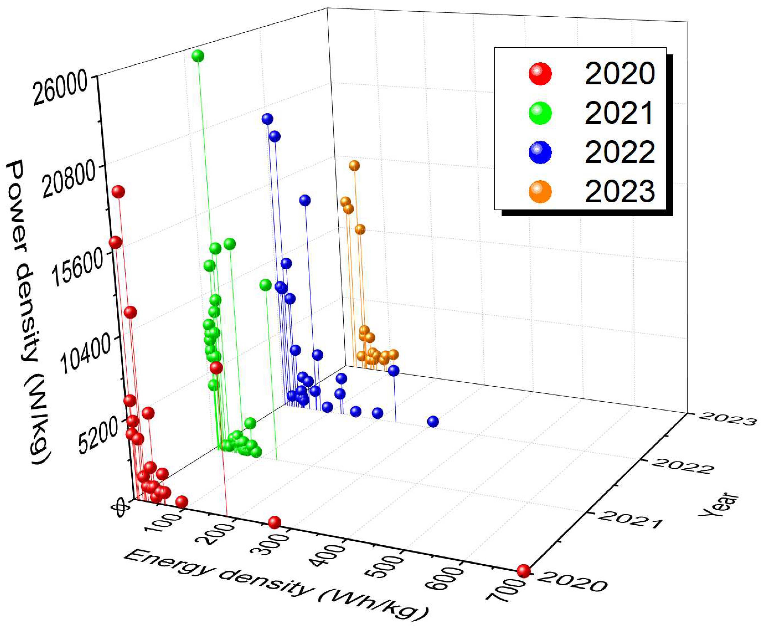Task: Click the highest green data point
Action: click(198, 56)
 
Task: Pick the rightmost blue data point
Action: click(433, 421)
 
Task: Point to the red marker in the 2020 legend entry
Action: click(540, 74)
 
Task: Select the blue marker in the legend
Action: click(540, 152)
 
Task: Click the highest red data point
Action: click(118, 192)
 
